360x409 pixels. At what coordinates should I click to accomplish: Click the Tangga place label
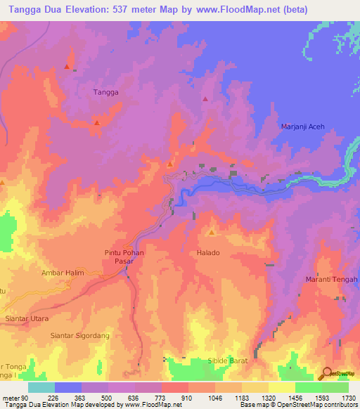point(105,92)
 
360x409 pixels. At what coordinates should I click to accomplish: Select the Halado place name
point(209,252)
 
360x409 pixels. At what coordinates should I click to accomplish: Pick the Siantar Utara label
point(26,318)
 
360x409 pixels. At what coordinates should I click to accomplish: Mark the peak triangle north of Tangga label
point(67,67)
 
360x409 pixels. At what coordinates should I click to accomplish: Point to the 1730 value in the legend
point(348,397)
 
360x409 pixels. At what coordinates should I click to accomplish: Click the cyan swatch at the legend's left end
point(41,387)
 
